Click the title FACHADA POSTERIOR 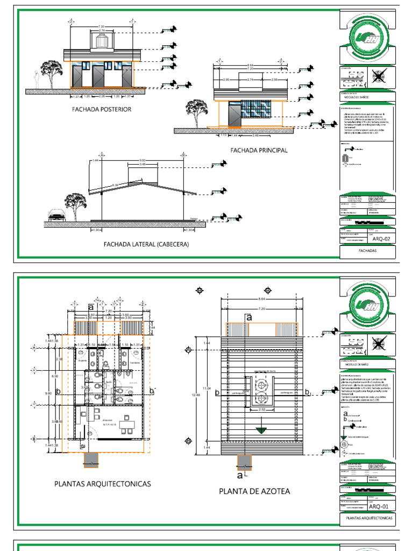click(x=102, y=109)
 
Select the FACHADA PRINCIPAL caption click(x=259, y=150)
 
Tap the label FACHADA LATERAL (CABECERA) click(x=146, y=244)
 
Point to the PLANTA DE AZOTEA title click(x=254, y=491)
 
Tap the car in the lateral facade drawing click(x=55, y=215)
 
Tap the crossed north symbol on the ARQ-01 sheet click(x=379, y=342)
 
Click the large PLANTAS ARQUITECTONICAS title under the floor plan click(x=102, y=484)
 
